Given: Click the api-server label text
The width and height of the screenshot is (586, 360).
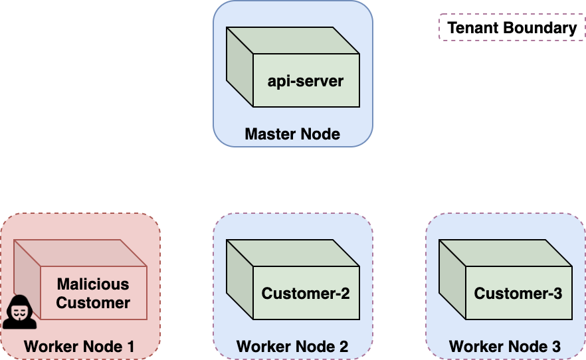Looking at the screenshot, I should pos(306,82).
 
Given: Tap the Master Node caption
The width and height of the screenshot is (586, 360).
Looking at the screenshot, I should pos(292,134).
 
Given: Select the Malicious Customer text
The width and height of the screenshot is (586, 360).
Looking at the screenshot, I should pos(93,294).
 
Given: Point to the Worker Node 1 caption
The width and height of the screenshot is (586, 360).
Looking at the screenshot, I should pos(79,346).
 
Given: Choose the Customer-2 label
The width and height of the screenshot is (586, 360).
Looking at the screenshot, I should pos(306,294).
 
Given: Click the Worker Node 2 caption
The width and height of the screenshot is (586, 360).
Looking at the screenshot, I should pos(292,346).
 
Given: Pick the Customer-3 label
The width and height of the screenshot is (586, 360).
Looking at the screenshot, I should pos(518,294).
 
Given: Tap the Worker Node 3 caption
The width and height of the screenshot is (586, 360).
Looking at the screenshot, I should pos(505,346).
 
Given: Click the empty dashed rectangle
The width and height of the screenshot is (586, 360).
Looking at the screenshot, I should pos(512,27).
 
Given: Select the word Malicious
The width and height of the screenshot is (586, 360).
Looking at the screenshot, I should pos(93,284).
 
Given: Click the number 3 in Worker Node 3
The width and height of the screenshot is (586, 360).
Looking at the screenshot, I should pos(555,346).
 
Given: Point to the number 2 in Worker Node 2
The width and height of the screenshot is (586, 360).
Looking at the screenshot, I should pos(343,346).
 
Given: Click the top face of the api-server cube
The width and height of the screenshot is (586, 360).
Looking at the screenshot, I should pos(292,41).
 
